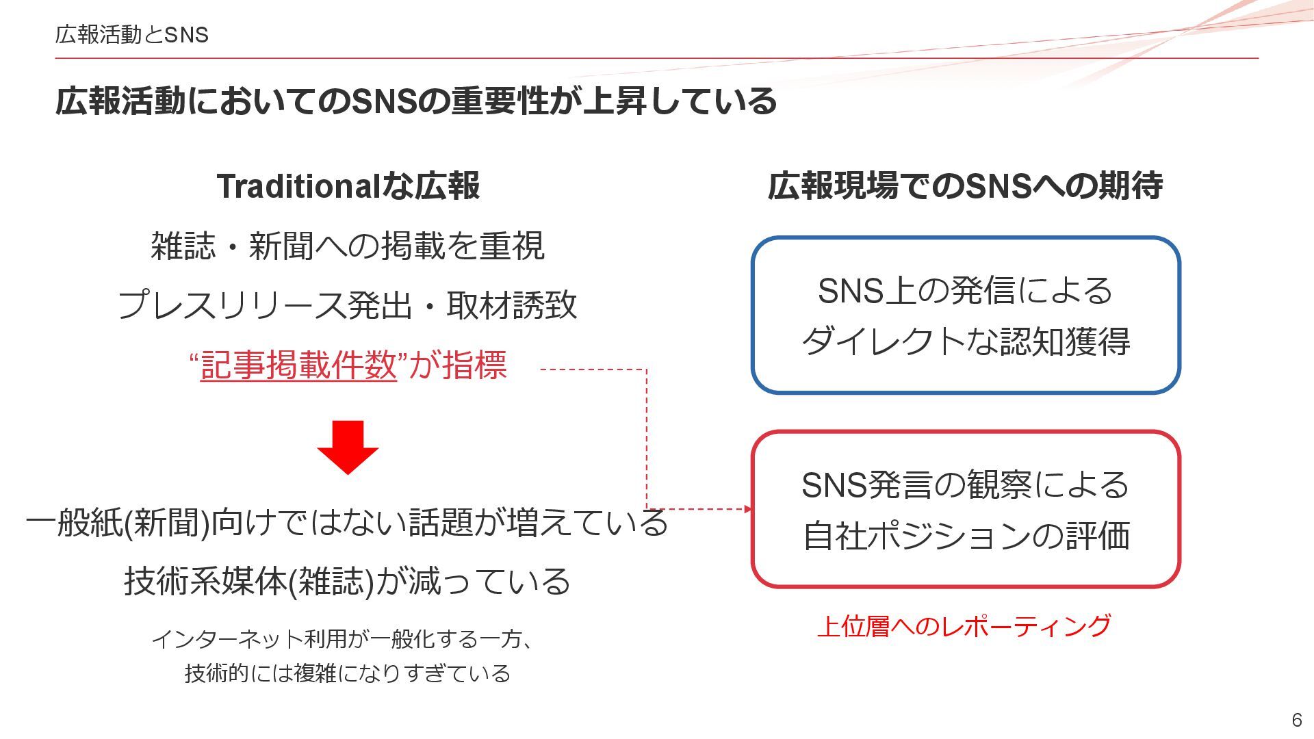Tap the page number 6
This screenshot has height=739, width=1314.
click(1296, 720)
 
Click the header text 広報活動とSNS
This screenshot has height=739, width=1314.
click(131, 34)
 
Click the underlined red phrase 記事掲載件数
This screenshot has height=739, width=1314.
click(298, 365)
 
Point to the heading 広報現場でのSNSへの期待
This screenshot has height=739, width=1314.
click(965, 186)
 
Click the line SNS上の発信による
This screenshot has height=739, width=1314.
click(965, 290)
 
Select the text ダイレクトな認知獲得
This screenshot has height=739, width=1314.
click(965, 341)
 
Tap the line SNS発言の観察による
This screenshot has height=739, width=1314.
click(965, 484)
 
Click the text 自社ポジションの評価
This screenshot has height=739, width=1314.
click(965, 535)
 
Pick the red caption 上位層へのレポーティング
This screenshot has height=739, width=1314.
click(964, 626)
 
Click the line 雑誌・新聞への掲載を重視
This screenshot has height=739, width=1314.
click(348, 246)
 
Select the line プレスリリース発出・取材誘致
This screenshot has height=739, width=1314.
click(348, 305)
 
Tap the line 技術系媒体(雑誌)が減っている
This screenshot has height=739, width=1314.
click(348, 582)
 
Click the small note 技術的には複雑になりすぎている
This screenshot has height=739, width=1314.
click(348, 673)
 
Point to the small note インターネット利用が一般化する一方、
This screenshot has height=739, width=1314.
click(342, 639)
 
